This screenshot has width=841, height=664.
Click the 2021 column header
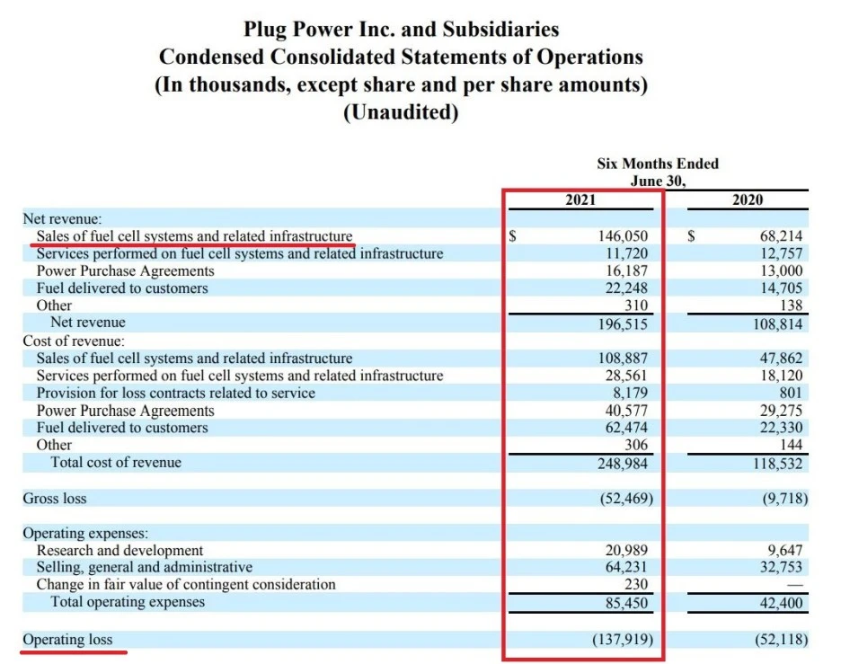pos(580,199)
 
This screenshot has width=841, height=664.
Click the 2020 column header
pos(748,199)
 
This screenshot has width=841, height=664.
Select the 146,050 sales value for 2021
pos(623,236)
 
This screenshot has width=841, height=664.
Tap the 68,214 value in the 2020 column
pos(781,236)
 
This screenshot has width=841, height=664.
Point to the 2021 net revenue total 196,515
pos(623,323)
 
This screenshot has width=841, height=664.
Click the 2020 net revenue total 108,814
pos(777,323)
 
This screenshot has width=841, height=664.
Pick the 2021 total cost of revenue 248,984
pos(623,463)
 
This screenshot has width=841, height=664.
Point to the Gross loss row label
pos(55,498)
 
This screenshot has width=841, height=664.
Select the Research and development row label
pos(120,550)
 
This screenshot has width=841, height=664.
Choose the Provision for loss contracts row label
pos(175,393)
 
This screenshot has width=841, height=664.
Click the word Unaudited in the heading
pos(401,113)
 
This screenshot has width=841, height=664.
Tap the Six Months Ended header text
pos(658,164)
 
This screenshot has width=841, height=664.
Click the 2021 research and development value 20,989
pos(626,550)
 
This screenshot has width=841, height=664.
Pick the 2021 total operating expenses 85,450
pos(626,602)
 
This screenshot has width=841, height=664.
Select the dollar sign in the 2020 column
pos(693,236)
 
